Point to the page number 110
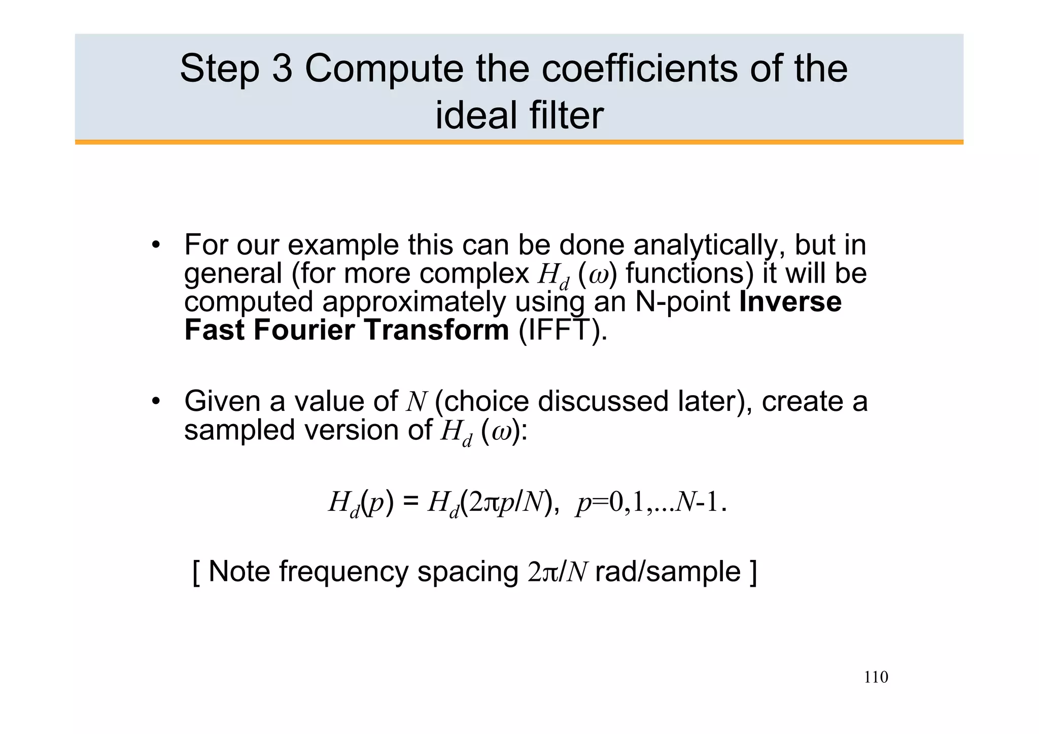tap(876, 677)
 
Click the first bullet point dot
tap(156, 246)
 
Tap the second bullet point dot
tap(156, 402)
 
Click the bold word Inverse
tap(790, 302)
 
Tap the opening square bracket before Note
tap(196, 572)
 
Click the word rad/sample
tap(668, 572)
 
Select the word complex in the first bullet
tap(475, 274)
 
